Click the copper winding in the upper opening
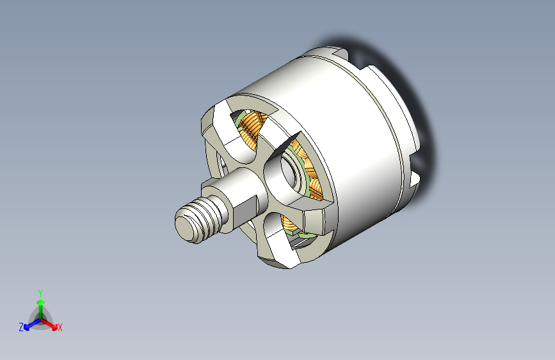(252, 124)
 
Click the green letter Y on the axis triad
(40, 293)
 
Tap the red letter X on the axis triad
(60, 327)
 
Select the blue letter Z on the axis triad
(21, 327)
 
